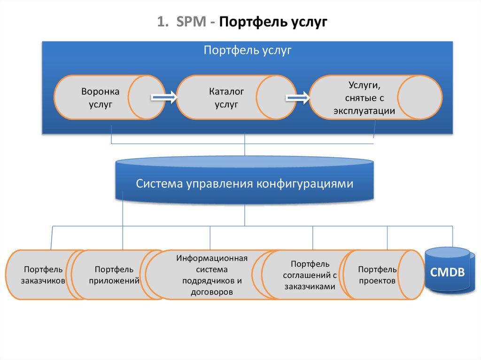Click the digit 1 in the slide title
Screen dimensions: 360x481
pyautogui.click(x=161, y=22)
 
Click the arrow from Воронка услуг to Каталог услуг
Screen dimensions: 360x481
pyautogui.click(x=163, y=97)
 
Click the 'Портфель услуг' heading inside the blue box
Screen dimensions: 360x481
pyautogui.click(x=248, y=50)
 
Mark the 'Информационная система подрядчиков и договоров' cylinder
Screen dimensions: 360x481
pyautogui.click(x=211, y=275)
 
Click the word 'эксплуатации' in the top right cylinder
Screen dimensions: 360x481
pyautogui.click(x=364, y=111)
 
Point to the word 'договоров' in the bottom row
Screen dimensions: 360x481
pyautogui.click(x=212, y=291)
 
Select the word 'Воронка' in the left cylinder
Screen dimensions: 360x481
pyautogui.click(x=100, y=92)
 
